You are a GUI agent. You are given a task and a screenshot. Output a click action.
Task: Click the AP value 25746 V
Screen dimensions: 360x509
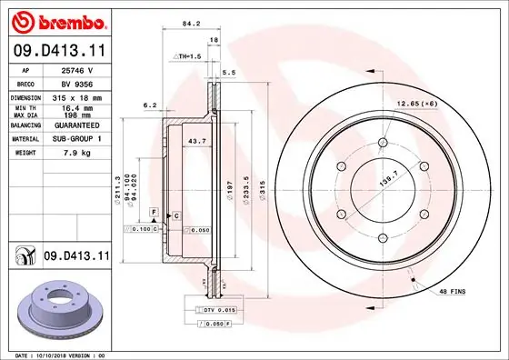[74, 69]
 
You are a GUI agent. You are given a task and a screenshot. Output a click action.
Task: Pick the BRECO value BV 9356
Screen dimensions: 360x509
[74, 82]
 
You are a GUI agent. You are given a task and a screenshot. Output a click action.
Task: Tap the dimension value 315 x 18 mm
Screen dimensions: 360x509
[77, 97]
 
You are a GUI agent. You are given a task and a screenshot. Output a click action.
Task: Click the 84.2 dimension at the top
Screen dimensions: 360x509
[191, 25]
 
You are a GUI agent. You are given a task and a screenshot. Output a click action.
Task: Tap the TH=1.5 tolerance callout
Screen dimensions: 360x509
[186, 56]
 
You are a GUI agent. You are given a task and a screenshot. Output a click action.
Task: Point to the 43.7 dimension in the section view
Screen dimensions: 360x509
[194, 142]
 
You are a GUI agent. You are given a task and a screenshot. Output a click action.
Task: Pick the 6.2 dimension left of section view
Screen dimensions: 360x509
[150, 105]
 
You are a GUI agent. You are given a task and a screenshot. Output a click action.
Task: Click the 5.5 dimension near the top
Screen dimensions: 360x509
[229, 71]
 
